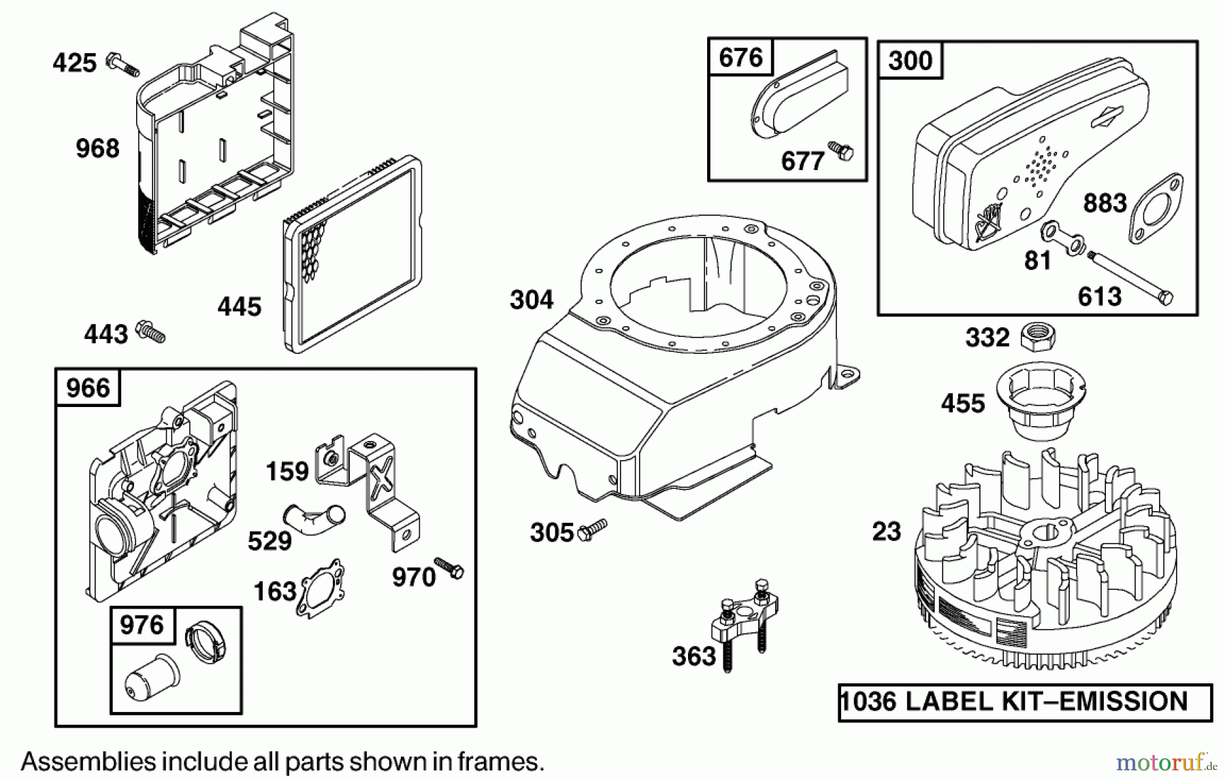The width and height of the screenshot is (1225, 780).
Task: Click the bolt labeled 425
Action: (x=122, y=65)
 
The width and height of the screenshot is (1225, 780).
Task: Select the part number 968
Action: (x=97, y=148)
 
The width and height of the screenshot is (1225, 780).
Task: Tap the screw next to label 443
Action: (x=151, y=332)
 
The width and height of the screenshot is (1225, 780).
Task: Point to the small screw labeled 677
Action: (x=841, y=150)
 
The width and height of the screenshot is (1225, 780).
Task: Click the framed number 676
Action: (x=740, y=58)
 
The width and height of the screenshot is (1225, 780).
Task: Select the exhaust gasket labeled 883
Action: (x=1156, y=208)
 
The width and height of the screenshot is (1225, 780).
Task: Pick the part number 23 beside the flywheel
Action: (x=886, y=532)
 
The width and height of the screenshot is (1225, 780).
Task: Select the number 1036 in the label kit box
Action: (x=868, y=702)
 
